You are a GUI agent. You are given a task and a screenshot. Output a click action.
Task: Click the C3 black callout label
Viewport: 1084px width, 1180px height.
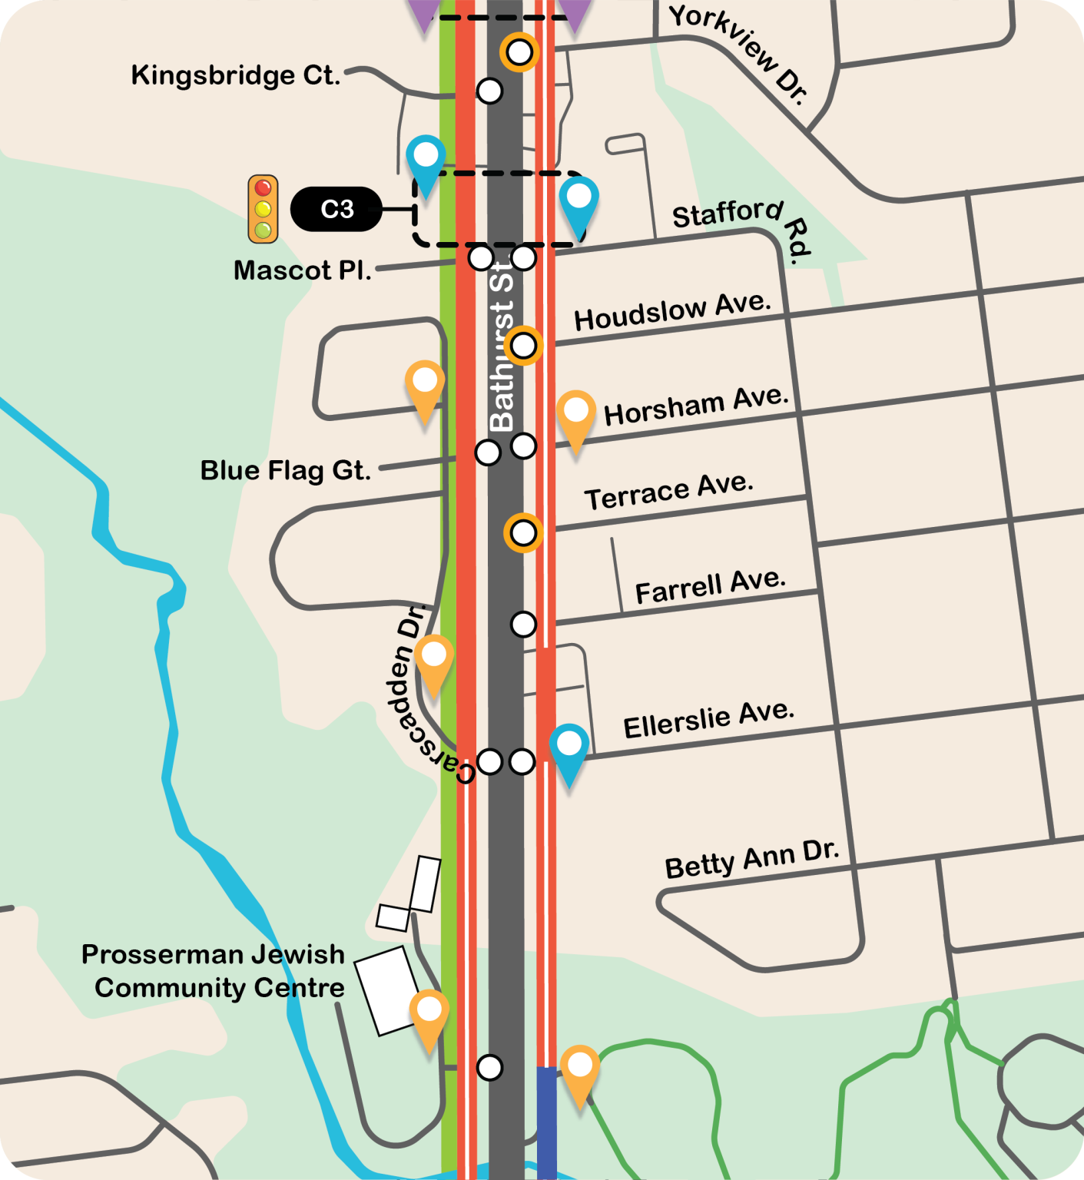tap(336, 209)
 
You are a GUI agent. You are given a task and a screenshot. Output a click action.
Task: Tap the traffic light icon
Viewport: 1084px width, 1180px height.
tap(263, 209)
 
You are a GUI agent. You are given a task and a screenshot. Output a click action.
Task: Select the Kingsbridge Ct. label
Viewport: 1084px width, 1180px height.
tap(235, 75)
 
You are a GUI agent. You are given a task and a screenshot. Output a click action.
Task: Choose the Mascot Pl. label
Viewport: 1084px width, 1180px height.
tap(303, 270)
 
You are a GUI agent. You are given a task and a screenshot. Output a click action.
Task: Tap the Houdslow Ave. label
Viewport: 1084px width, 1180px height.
tap(672, 311)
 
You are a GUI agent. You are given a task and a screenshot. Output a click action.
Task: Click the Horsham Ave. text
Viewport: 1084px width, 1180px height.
tap(696, 406)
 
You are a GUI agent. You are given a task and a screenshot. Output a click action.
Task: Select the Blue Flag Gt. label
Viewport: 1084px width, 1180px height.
tap(286, 470)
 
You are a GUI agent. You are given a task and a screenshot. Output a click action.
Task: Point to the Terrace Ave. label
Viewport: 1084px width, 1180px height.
tap(669, 492)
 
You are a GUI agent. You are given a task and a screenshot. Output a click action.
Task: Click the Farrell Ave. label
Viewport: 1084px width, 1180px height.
tap(711, 587)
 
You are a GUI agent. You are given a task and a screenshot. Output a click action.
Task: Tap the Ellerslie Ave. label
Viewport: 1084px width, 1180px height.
tap(708, 720)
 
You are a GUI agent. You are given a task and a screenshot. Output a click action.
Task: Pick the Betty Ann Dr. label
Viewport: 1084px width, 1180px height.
tap(752, 859)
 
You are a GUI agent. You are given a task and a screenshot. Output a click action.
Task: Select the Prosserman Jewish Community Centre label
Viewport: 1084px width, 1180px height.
tap(214, 970)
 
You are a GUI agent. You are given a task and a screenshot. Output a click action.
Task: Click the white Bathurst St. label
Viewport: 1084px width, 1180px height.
tap(502, 346)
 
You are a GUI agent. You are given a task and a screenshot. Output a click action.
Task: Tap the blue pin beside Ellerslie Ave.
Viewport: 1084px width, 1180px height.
tap(569, 750)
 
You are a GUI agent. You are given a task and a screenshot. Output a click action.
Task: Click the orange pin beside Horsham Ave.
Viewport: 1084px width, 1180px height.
tap(575, 416)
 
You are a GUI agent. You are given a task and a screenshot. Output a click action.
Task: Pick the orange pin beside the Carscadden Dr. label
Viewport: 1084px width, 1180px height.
tap(434, 661)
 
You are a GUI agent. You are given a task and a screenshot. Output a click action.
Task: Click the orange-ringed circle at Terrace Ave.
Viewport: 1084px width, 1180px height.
tap(523, 532)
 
